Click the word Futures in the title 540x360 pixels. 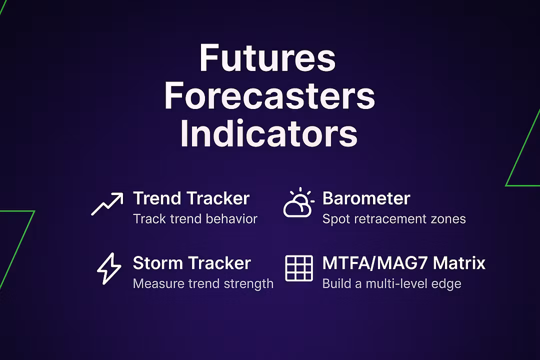[267, 57]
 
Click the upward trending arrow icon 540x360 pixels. [107, 204]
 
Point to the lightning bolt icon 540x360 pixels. [109, 268]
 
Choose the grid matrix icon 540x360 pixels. [299, 268]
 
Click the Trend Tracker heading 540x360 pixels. [191, 198]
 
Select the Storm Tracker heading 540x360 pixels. [192, 263]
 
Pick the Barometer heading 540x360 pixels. [366, 198]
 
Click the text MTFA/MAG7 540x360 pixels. [375, 263]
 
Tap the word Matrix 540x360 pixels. [459, 263]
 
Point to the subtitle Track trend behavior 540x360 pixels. [195, 219]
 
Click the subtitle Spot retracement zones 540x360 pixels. [394, 219]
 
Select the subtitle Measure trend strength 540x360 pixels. [203, 283]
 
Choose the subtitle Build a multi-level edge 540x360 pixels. [391, 283]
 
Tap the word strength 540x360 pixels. [248, 284]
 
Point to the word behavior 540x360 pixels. [235, 219]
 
